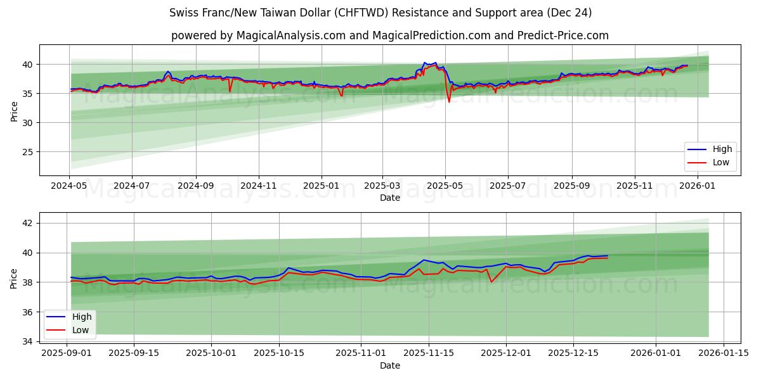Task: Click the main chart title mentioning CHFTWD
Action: [380, 13]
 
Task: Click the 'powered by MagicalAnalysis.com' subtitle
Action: [389, 35]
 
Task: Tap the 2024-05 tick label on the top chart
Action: [69, 186]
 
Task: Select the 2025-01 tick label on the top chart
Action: [321, 186]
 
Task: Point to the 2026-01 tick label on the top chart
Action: [697, 186]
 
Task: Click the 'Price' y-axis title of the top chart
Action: [14, 110]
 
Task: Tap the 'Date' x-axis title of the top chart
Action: [389, 198]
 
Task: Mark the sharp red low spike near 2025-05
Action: [449, 101]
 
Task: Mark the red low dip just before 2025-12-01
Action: [491, 282]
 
